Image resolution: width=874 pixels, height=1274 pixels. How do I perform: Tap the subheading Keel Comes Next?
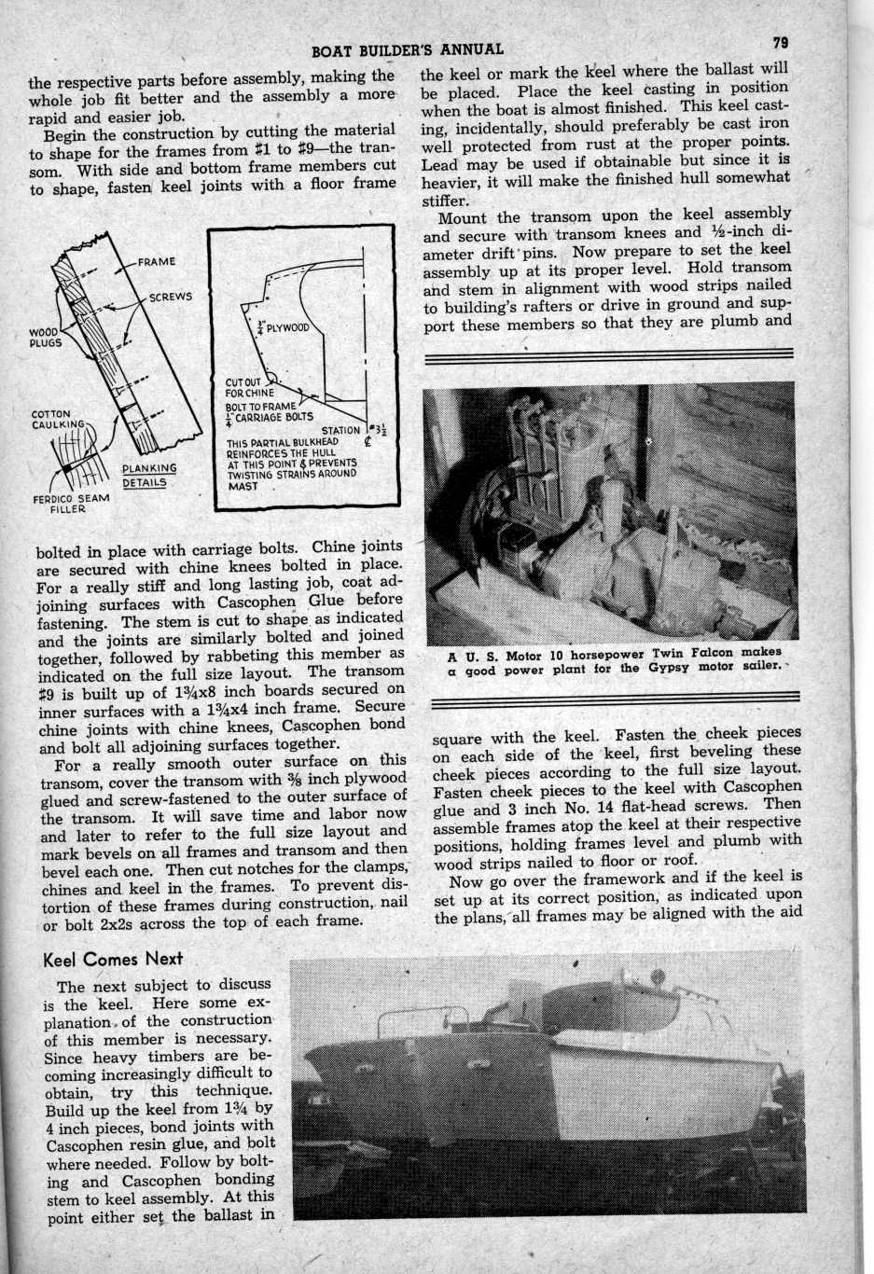(113, 959)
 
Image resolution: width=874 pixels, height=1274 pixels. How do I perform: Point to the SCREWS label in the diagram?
(171, 298)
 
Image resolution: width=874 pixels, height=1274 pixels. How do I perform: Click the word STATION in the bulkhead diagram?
(340, 430)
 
